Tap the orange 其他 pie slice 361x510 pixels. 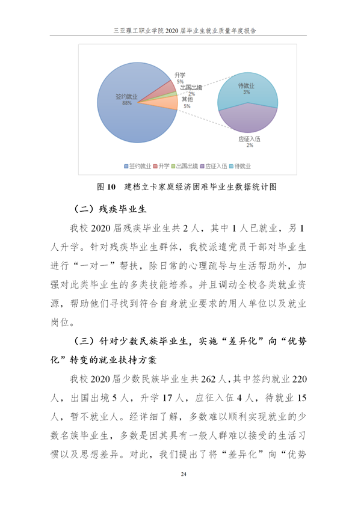168,105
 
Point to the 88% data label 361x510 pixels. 127,103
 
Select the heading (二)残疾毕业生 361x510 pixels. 110,209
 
